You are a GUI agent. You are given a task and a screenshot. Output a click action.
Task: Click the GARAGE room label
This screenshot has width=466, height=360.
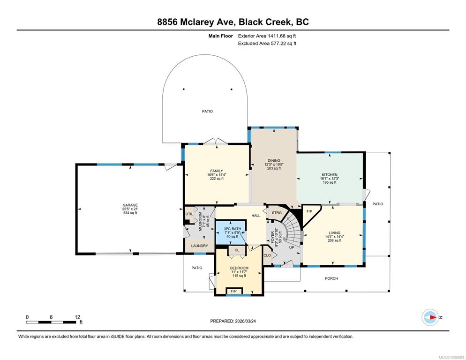point(130,205)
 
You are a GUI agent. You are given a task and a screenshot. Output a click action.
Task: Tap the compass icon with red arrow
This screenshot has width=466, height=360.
point(430,317)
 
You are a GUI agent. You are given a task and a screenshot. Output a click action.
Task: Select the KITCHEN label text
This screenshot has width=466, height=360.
point(330,175)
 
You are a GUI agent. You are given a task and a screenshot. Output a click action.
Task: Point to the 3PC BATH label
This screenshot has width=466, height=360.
point(233,229)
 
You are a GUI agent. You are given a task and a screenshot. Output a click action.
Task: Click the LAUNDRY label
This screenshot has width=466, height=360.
point(199,246)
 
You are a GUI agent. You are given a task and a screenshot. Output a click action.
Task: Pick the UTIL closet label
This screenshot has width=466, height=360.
point(189,214)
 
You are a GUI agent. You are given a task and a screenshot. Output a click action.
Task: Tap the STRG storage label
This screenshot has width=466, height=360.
point(277,213)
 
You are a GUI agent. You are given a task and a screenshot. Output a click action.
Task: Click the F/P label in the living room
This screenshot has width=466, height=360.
point(309,211)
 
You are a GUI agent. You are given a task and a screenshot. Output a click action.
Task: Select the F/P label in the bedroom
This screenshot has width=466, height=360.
point(234,292)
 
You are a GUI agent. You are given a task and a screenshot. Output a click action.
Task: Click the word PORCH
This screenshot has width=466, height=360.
point(331,278)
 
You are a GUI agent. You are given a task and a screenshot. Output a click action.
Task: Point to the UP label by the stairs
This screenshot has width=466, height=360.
point(292,247)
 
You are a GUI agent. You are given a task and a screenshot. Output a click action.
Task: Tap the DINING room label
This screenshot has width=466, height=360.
point(274,160)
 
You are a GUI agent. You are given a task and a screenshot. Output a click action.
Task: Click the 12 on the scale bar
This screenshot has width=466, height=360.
point(77,317)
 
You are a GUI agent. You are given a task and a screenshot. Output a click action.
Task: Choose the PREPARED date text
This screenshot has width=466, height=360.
point(233,321)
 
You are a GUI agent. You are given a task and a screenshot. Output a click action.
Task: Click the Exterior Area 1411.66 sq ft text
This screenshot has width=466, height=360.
point(267,36)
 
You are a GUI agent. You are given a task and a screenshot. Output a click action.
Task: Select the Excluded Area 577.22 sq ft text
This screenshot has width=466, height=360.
point(267,44)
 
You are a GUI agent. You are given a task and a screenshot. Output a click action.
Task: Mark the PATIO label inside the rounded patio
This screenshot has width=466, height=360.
point(207,111)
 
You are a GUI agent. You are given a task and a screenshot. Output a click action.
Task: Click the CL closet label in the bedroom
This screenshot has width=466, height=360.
point(237,250)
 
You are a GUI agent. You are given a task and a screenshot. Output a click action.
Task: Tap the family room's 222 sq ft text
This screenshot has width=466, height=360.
point(217,179)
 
